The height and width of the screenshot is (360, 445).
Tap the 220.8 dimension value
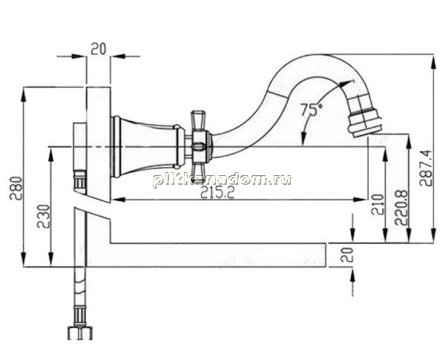pos(401,207)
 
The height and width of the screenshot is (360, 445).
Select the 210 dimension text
pos(378,205)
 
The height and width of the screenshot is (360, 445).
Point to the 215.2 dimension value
pos(217,193)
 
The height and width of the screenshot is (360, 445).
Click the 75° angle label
pos(311,110)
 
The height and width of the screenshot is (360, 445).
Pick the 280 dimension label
pos(16,188)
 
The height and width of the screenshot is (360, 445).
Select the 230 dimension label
pos(44,216)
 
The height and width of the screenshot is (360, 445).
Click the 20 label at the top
pos(98,48)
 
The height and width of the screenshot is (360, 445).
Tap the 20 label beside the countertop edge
pos(347,255)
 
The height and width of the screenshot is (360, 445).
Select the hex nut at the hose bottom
pos(80,333)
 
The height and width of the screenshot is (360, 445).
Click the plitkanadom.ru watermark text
pos(222,180)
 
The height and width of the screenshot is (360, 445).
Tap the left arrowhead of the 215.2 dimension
pos(117,200)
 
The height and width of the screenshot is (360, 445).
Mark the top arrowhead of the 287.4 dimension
pos(433,61)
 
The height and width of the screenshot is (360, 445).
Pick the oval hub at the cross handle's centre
pos(199,147)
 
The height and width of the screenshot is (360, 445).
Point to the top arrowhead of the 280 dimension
pos(24,94)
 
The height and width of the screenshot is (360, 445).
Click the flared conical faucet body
pos(145,147)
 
